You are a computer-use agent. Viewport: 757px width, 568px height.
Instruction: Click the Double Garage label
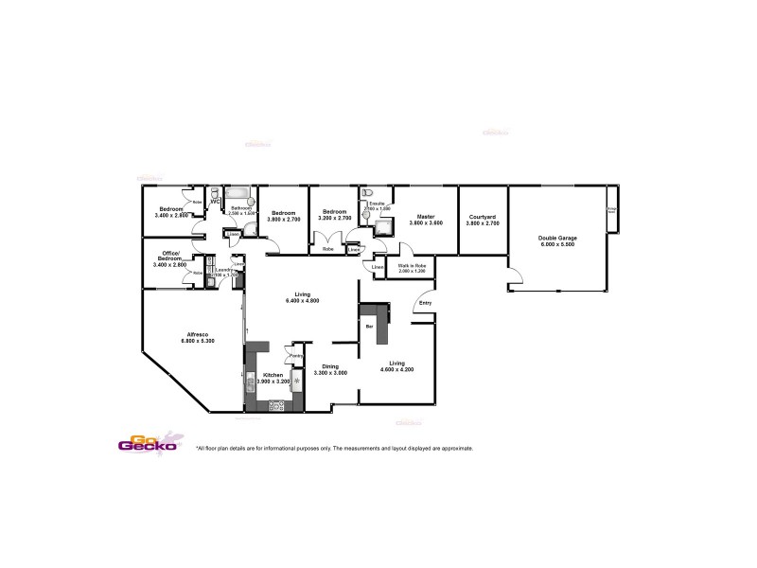click(x=556, y=238)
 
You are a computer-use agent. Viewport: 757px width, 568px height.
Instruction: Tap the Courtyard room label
click(x=483, y=218)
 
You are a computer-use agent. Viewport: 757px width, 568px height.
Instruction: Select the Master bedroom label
click(x=425, y=217)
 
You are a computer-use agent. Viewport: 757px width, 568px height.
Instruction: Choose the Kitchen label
click(x=273, y=375)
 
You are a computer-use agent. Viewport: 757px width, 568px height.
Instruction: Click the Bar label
click(x=369, y=326)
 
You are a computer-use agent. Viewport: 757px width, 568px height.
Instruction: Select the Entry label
click(x=425, y=303)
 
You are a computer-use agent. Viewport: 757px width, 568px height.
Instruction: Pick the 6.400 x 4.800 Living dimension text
click(x=303, y=301)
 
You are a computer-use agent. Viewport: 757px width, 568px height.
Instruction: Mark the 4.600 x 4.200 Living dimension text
click(x=397, y=369)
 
